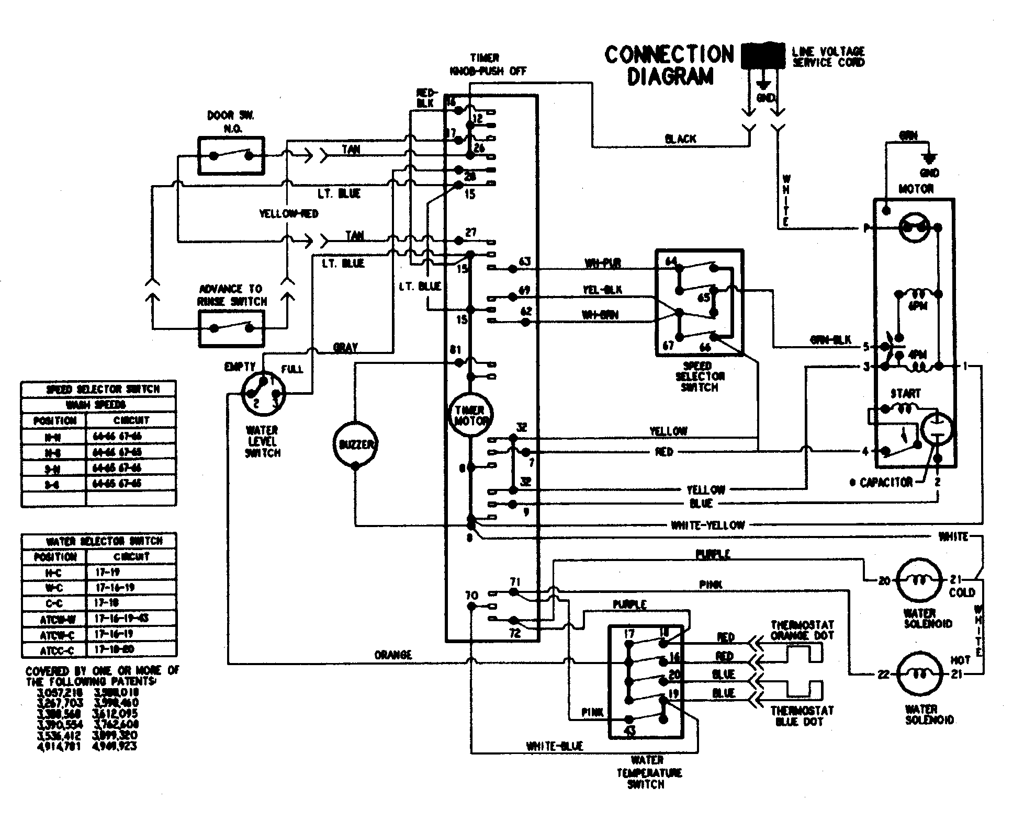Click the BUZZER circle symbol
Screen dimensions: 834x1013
click(355, 444)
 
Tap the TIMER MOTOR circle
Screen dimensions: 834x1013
click(470, 416)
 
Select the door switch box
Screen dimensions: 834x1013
click(231, 156)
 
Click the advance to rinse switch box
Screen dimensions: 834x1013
click(231, 328)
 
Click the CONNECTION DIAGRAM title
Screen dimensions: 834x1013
click(669, 65)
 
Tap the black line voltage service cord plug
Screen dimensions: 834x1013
click(763, 55)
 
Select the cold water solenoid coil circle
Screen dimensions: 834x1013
click(920, 579)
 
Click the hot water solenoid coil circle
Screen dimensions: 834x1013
click(920, 675)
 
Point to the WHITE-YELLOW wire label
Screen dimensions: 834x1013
click(707, 525)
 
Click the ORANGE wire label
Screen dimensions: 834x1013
click(393, 655)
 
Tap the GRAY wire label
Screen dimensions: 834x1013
click(345, 347)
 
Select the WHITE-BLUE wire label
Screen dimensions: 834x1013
click(555, 746)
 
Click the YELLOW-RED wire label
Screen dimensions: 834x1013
click(288, 214)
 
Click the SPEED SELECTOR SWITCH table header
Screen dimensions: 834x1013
click(98, 389)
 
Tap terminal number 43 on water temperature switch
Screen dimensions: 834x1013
click(630, 730)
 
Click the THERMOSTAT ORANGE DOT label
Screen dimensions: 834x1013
click(802, 630)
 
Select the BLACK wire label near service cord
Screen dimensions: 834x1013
click(680, 139)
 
